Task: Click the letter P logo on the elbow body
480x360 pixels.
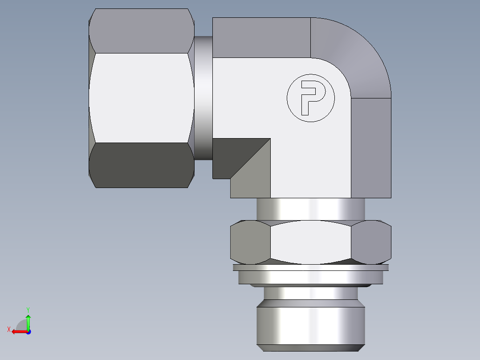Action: [x=310, y=98]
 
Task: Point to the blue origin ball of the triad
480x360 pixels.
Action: [x=28, y=332]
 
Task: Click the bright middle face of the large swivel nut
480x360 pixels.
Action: [x=142, y=98]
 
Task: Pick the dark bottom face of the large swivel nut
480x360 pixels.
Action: [x=142, y=165]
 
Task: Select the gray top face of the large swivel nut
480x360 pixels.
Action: [x=142, y=31]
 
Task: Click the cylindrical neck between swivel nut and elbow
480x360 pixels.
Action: [x=203, y=98]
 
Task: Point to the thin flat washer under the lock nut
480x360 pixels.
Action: [x=310, y=268]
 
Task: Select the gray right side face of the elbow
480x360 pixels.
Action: [x=371, y=147]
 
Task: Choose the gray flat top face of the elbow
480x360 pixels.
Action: [x=261, y=38]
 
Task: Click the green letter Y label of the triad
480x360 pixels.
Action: [x=28, y=309]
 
